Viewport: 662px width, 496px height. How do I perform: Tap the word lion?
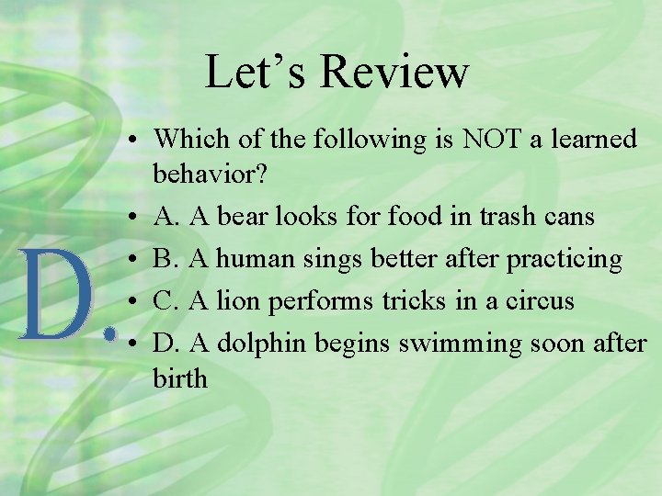tap(240, 300)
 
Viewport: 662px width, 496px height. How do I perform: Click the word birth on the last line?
tap(181, 378)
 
